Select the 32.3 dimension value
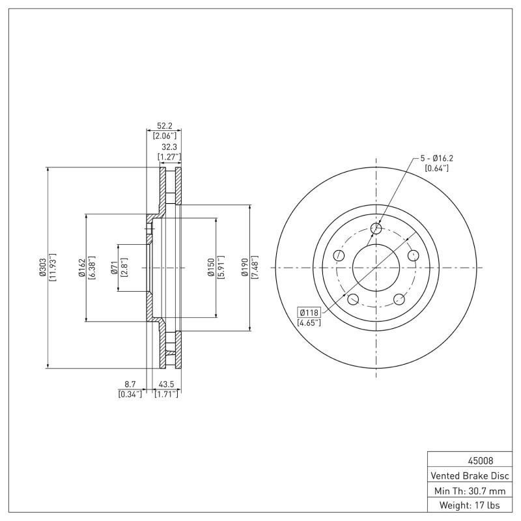169,147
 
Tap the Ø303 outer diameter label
42,268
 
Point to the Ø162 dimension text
81,268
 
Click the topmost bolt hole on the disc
376,228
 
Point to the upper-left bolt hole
338,255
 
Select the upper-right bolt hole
413,255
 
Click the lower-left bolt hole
353,300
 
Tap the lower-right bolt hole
399,300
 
